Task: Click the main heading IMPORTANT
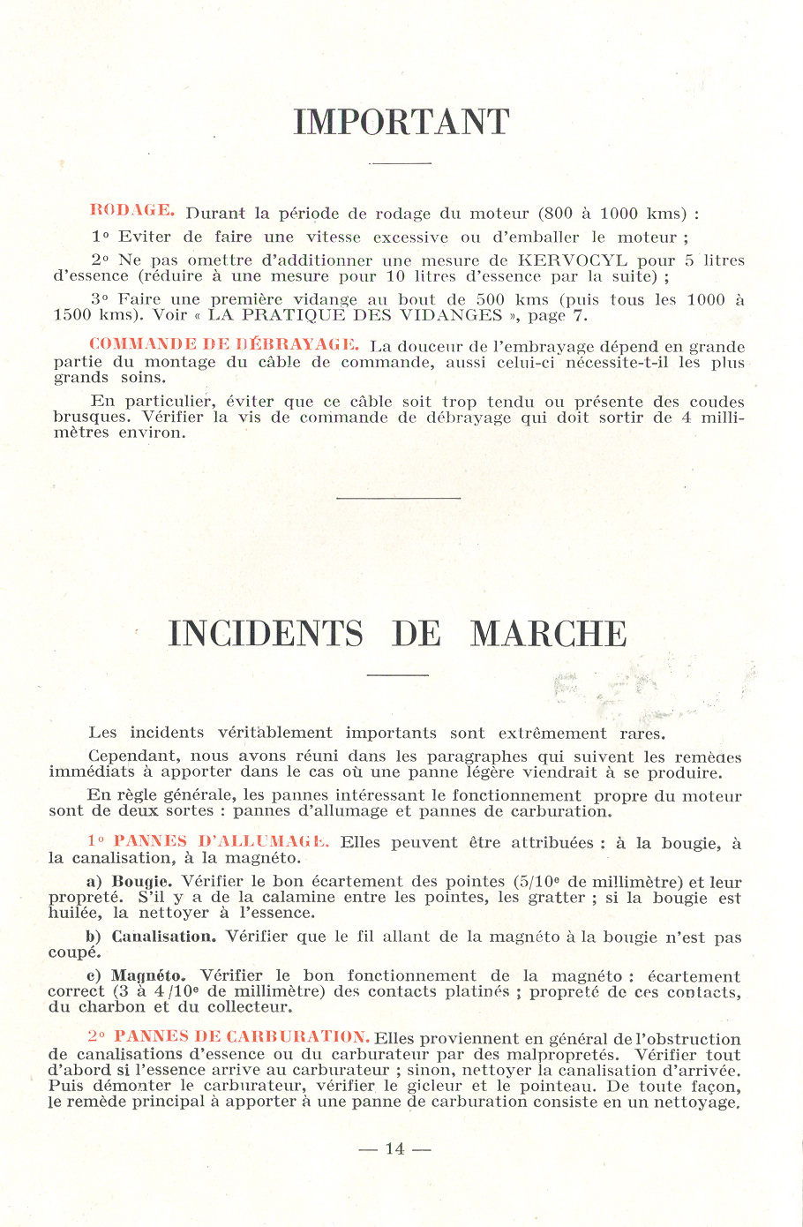(x=401, y=123)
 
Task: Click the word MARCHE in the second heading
(x=548, y=634)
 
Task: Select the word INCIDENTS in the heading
(x=266, y=634)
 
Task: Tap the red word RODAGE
(x=132, y=211)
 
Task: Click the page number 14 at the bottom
(x=394, y=1148)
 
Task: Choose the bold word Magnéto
(x=148, y=975)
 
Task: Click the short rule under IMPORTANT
(x=400, y=163)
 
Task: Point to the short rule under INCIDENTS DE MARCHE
(x=397, y=675)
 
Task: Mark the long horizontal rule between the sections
(x=399, y=499)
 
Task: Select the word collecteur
(x=248, y=1006)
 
